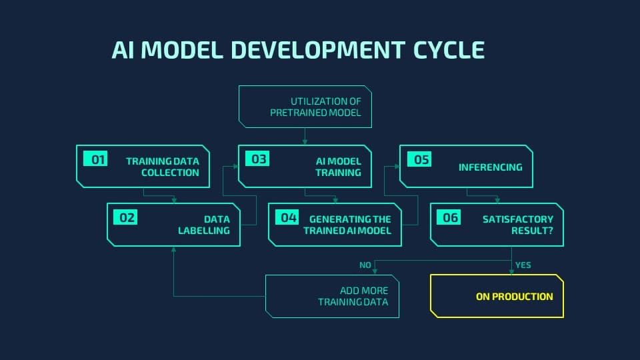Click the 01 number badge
click(x=95, y=159)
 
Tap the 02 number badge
click(x=125, y=217)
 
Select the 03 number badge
click(x=257, y=159)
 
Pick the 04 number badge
click(x=287, y=217)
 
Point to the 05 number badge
click(x=419, y=159)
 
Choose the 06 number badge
click(x=449, y=217)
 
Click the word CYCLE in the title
click(x=449, y=50)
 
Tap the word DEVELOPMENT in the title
click(x=318, y=50)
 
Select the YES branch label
click(x=523, y=265)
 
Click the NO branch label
click(x=365, y=265)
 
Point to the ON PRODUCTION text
click(x=514, y=297)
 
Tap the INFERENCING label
click(x=490, y=167)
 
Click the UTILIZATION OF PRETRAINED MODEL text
click(x=315, y=107)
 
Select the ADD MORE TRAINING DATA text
click(x=353, y=296)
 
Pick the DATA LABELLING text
click(x=204, y=225)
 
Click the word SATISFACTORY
click(x=518, y=219)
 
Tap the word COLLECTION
click(x=170, y=173)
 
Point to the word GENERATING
click(x=350, y=219)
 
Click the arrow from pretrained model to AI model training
click(x=305, y=136)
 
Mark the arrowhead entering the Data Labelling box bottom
click(x=174, y=249)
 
